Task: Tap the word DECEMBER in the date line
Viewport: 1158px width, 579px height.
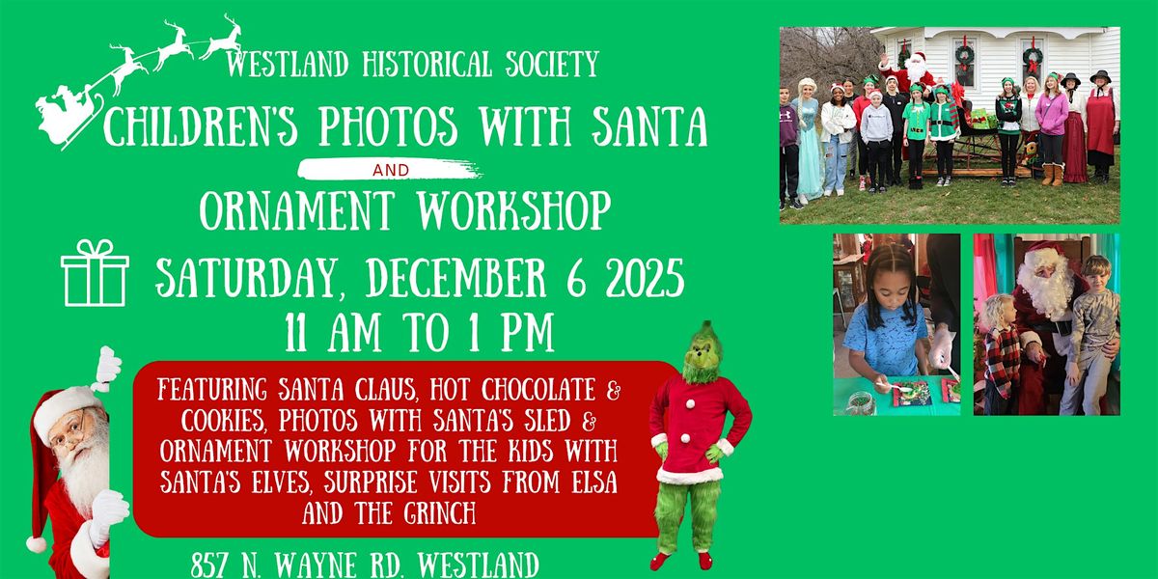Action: tap(467, 280)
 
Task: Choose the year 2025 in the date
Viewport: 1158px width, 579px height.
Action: tap(637, 280)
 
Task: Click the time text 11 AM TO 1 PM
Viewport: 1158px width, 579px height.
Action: tap(419, 334)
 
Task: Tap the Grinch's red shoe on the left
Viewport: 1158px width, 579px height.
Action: tap(659, 561)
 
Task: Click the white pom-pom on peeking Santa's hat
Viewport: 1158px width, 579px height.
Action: tap(37, 544)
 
